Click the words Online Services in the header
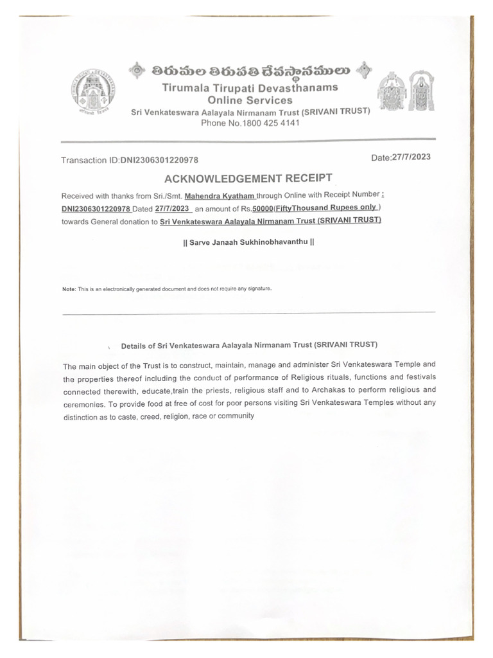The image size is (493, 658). [250, 100]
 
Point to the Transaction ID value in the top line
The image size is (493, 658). [163, 160]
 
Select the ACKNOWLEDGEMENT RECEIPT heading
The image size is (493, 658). [249, 178]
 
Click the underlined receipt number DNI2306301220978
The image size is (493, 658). [96, 209]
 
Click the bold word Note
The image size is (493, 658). [68, 289]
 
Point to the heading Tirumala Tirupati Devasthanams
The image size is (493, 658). [250, 87]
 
